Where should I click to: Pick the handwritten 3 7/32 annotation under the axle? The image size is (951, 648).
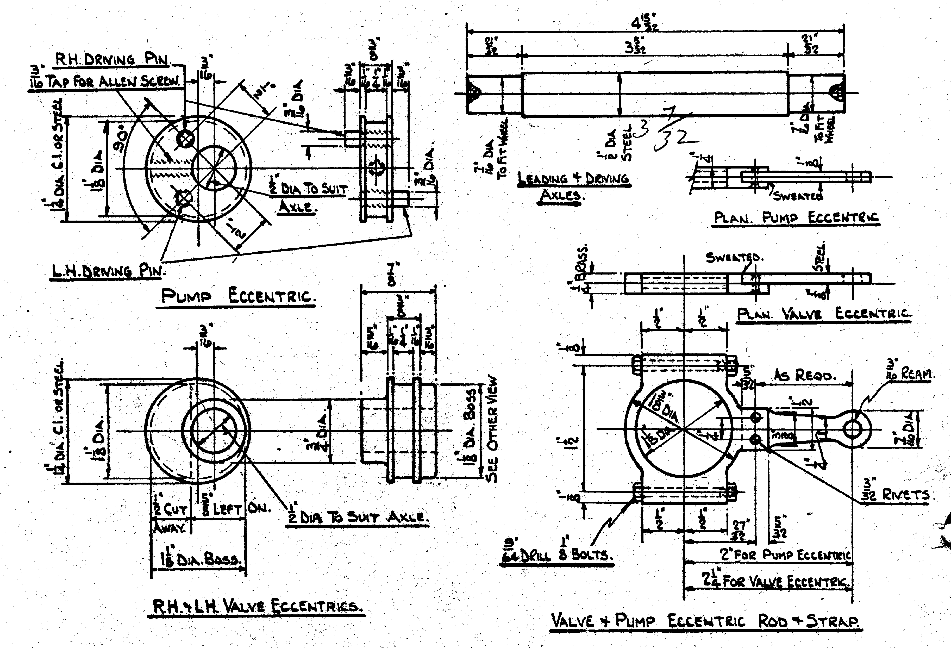[x=667, y=131]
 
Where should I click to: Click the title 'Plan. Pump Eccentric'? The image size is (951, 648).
[x=796, y=217]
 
